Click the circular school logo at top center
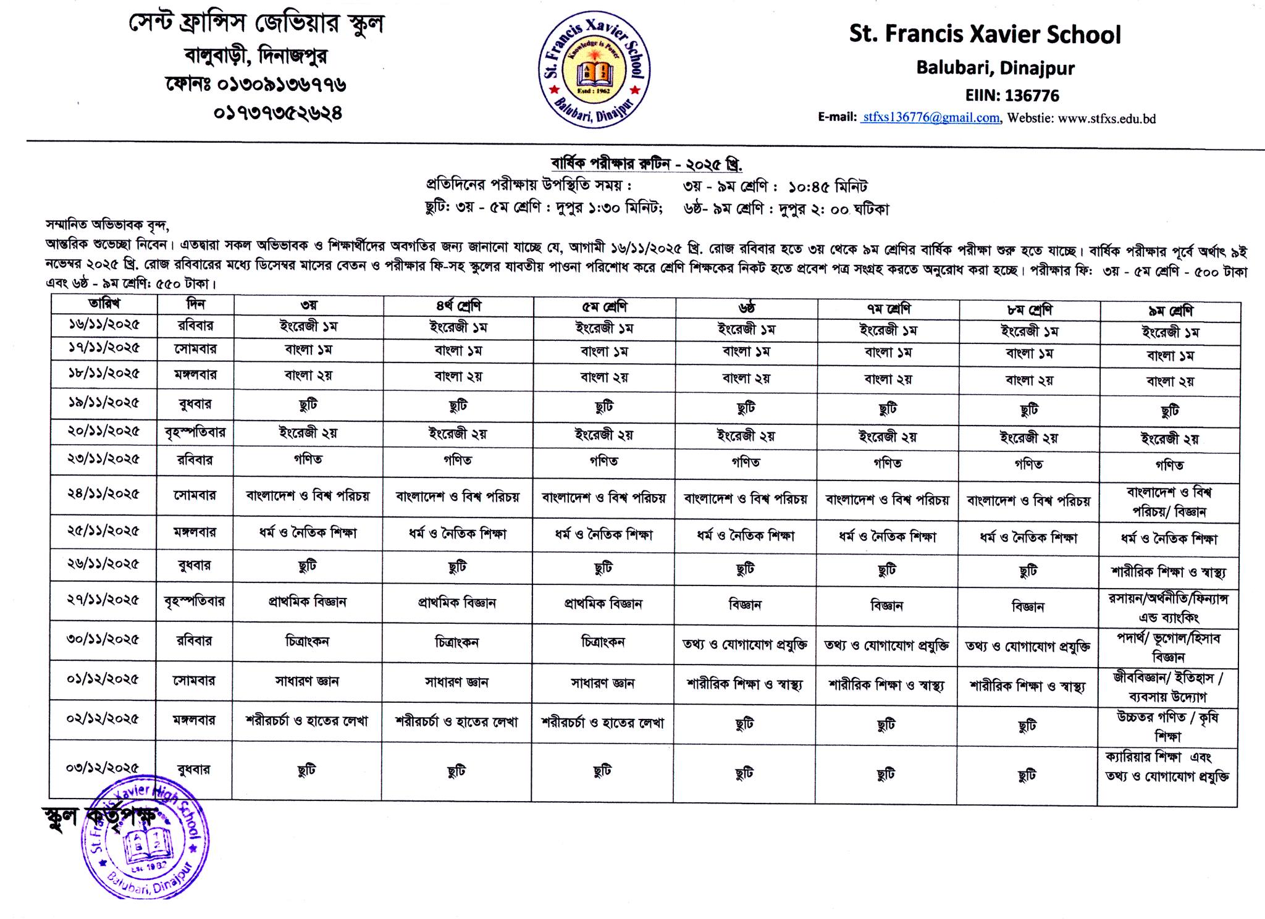coord(594,70)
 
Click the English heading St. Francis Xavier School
coord(985,35)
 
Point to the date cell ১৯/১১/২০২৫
coord(104,403)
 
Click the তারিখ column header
coord(104,304)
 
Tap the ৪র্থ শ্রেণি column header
coord(458,306)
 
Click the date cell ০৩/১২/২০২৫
coord(103,768)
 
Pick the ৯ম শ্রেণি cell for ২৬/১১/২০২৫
coord(1169,572)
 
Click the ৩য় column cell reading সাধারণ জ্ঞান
coord(307,681)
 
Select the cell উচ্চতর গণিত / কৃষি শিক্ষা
coord(1167,726)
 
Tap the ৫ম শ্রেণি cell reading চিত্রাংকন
coord(603,642)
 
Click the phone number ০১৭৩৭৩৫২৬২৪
coord(278,114)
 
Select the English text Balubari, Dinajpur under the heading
coord(995,68)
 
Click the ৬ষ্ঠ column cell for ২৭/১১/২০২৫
coord(746,605)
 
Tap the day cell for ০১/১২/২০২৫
coord(195,681)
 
